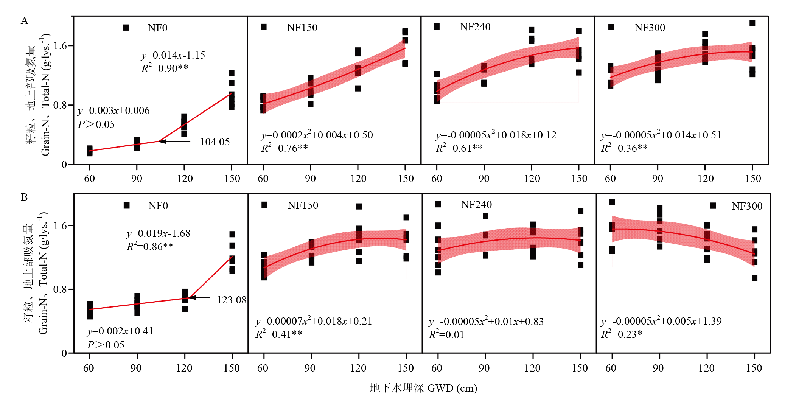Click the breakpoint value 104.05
pyautogui.click(x=215, y=142)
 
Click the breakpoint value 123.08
pyautogui.click(x=231, y=300)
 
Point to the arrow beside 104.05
pyautogui.click(x=174, y=142)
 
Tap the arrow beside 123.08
pyautogui.click(x=199, y=297)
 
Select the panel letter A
pyautogui.click(x=25, y=20)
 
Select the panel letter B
pyautogui.click(x=24, y=197)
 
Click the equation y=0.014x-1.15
pyautogui.click(x=173, y=55)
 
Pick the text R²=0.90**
pyautogui.click(x=165, y=68)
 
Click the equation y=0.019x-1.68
pyautogui.click(x=158, y=233)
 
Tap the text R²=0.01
pyautogui.click(x=446, y=335)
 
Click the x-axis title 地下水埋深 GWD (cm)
pyautogui.click(x=423, y=388)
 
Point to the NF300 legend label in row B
pyautogui.click(x=747, y=206)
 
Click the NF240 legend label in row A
pyautogui.click(x=475, y=27)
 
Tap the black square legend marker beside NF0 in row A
pyautogui.click(x=126, y=28)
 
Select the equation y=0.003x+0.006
pyautogui.click(x=113, y=110)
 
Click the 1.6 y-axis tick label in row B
pyautogui.click(x=61, y=226)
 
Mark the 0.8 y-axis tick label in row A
pyautogui.click(x=61, y=105)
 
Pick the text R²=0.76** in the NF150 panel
pyautogui.click(x=285, y=148)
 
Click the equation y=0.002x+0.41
pyautogui.click(x=120, y=331)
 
